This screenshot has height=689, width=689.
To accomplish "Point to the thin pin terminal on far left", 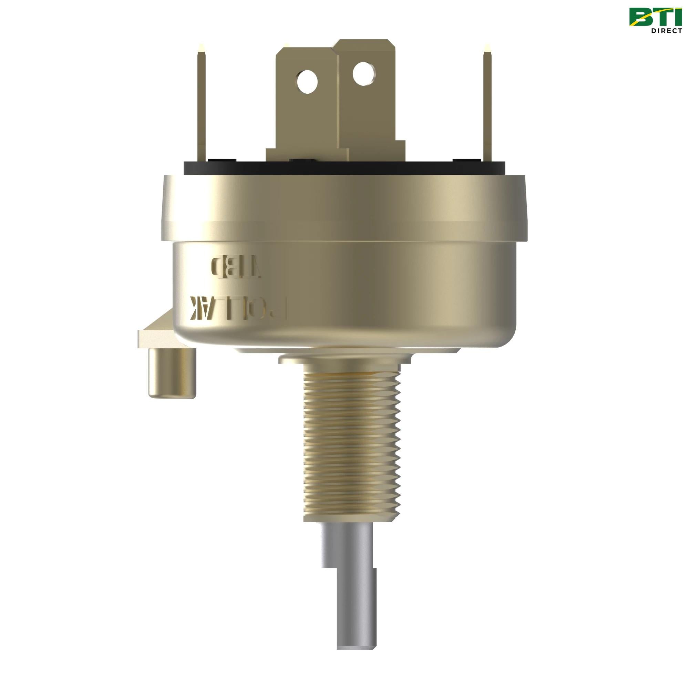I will click(202, 107).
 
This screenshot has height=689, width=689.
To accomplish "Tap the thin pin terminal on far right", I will click(487, 107).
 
